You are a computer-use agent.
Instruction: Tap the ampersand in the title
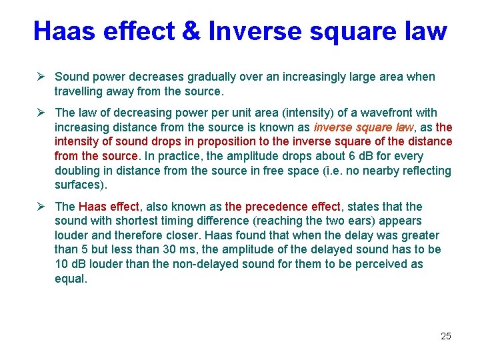click(193, 31)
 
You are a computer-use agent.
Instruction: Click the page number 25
click(446, 336)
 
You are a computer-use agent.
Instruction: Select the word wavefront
click(392, 113)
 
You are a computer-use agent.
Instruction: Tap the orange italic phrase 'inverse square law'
click(363, 127)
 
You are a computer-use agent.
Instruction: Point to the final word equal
click(70, 278)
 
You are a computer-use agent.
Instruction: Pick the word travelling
click(81, 91)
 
